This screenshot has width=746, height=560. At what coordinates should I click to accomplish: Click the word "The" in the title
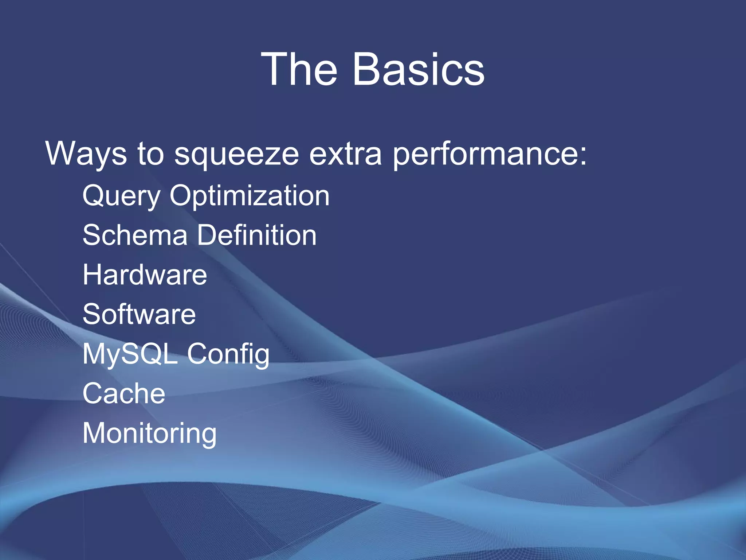pyautogui.click(x=299, y=69)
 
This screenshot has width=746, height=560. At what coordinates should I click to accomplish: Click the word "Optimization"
pyautogui.click(x=250, y=196)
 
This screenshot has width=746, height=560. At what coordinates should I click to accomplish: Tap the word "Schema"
pyautogui.click(x=135, y=235)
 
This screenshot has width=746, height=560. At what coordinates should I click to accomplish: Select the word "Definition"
pyautogui.click(x=257, y=235)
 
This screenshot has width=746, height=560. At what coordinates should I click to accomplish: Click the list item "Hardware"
pyautogui.click(x=145, y=275)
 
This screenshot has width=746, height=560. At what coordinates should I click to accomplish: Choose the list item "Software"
pyautogui.click(x=139, y=314)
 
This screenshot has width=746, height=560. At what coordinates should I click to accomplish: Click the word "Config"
pyautogui.click(x=228, y=354)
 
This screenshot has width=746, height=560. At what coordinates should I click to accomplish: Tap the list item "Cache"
pyautogui.click(x=124, y=393)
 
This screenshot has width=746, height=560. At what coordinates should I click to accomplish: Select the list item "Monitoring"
pyautogui.click(x=149, y=433)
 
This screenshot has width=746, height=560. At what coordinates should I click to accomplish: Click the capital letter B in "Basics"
pyautogui.click(x=367, y=69)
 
